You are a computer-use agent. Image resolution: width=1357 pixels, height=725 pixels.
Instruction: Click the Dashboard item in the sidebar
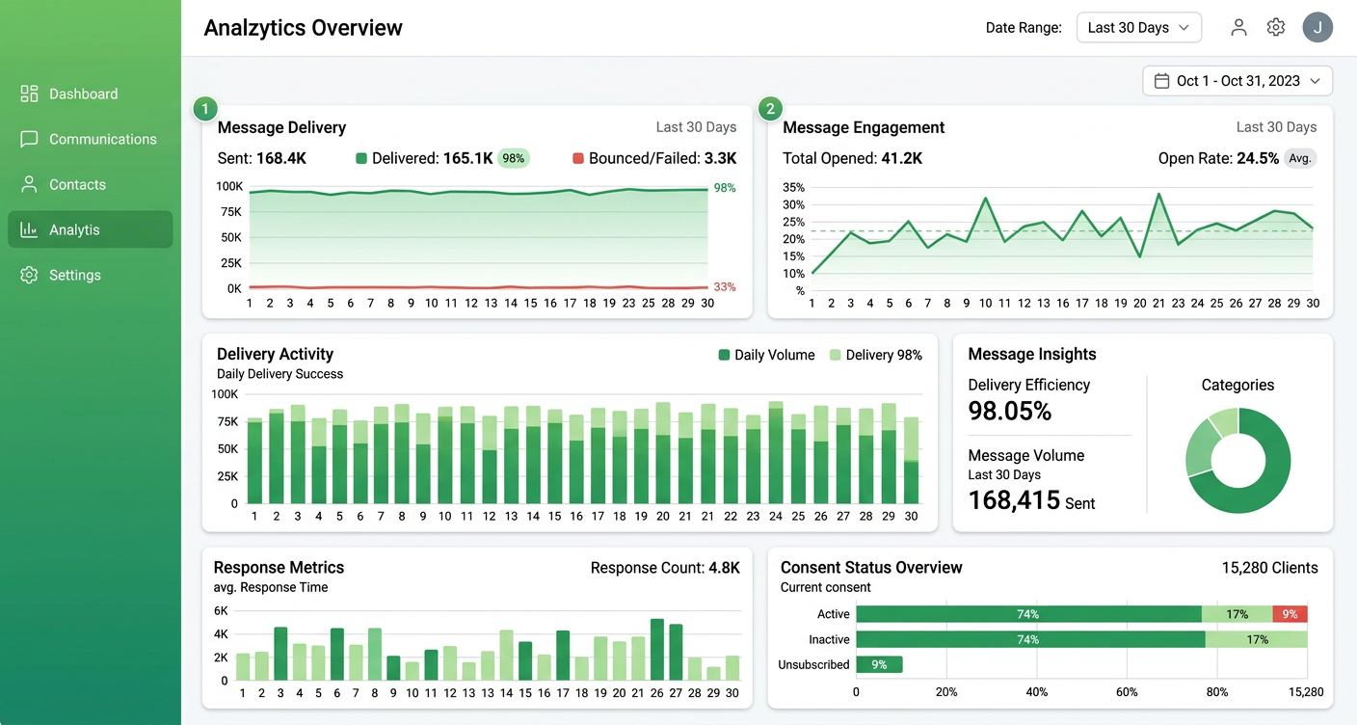[69, 94]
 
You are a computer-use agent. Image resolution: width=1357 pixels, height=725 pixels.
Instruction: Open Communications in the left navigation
[89, 140]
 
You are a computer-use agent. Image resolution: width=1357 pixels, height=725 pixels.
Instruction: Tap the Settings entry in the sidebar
[61, 275]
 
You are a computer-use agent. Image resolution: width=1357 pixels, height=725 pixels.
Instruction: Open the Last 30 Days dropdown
[1139, 28]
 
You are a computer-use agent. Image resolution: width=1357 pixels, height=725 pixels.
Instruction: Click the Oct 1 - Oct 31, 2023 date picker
[1237, 81]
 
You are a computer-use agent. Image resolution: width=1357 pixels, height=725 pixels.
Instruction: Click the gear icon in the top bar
[1276, 27]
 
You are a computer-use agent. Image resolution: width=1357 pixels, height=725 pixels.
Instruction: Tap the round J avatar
[1317, 27]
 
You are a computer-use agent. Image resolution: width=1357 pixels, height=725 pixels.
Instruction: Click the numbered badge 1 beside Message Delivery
[204, 109]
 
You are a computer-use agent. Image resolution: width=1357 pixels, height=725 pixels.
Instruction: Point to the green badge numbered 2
[770, 109]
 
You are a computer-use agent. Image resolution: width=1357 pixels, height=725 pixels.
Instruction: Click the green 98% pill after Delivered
[513, 158]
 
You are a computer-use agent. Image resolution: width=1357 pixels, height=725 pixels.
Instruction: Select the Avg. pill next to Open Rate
[1300, 158]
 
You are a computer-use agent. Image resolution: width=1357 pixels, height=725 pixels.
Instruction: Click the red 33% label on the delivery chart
[725, 286]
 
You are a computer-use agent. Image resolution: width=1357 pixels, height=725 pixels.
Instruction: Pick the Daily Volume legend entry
[766, 355]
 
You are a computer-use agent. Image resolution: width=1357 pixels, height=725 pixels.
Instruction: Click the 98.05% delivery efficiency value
[1010, 411]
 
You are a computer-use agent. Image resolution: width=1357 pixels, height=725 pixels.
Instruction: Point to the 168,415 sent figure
[1014, 500]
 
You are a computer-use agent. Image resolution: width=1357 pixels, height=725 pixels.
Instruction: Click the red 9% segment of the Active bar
[1290, 614]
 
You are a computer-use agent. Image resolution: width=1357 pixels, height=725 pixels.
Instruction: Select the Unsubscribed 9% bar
[879, 664]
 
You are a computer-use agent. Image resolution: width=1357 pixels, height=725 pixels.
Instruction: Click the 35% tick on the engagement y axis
[793, 187]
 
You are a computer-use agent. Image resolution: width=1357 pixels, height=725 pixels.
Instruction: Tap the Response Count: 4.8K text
[665, 568]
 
